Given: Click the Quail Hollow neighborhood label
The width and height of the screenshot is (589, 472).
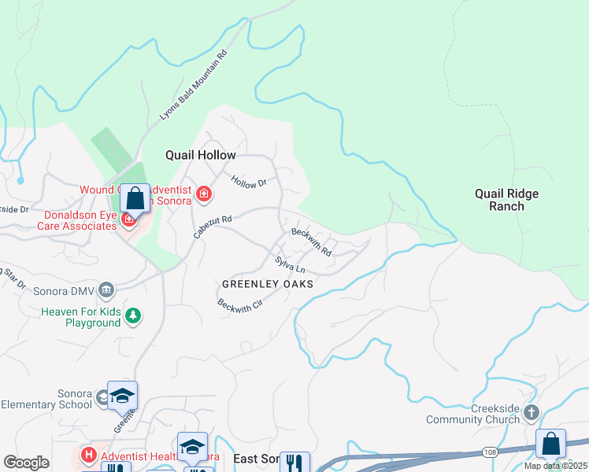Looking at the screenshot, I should click(x=200, y=155).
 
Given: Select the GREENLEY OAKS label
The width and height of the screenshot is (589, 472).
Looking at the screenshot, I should click(x=268, y=284).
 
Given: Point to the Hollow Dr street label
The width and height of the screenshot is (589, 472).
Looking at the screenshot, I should click(x=249, y=182).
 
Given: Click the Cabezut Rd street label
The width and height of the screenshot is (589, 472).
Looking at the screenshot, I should click(x=213, y=228).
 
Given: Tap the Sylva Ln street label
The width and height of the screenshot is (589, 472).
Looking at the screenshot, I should click(x=290, y=266).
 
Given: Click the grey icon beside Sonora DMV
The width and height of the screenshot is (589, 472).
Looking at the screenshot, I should click(x=108, y=290).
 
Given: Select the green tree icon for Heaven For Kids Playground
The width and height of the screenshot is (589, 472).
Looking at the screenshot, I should click(x=134, y=315).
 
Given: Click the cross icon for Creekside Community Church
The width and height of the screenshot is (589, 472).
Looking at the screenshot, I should click(x=532, y=412).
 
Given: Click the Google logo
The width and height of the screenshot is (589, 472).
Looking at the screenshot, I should click(x=27, y=463).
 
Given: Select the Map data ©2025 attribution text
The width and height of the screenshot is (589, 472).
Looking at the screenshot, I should click(x=555, y=466).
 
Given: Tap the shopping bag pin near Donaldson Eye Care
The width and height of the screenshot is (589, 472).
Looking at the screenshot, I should click(x=135, y=199).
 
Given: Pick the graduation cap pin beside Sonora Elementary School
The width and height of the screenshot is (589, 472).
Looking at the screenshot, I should click(x=122, y=396).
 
